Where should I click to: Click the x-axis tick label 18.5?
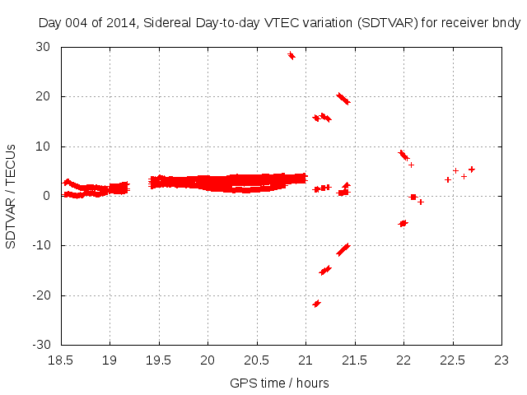(x=60, y=360)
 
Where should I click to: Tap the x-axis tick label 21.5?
(x=354, y=360)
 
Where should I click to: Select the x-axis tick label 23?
(x=501, y=360)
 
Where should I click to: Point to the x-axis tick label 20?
(x=208, y=360)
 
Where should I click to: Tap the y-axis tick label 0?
(x=48, y=196)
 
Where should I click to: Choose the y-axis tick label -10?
(x=42, y=245)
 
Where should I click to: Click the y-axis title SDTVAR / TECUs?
(x=12, y=196)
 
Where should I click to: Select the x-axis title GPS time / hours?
(x=280, y=383)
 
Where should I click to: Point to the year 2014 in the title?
(x=117, y=23)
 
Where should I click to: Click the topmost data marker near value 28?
(x=291, y=56)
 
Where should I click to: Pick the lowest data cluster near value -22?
(x=316, y=304)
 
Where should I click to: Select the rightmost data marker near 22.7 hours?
(x=472, y=170)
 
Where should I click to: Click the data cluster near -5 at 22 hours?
(x=403, y=223)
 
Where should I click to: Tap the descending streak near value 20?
(x=343, y=99)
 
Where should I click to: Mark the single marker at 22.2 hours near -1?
(x=421, y=202)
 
